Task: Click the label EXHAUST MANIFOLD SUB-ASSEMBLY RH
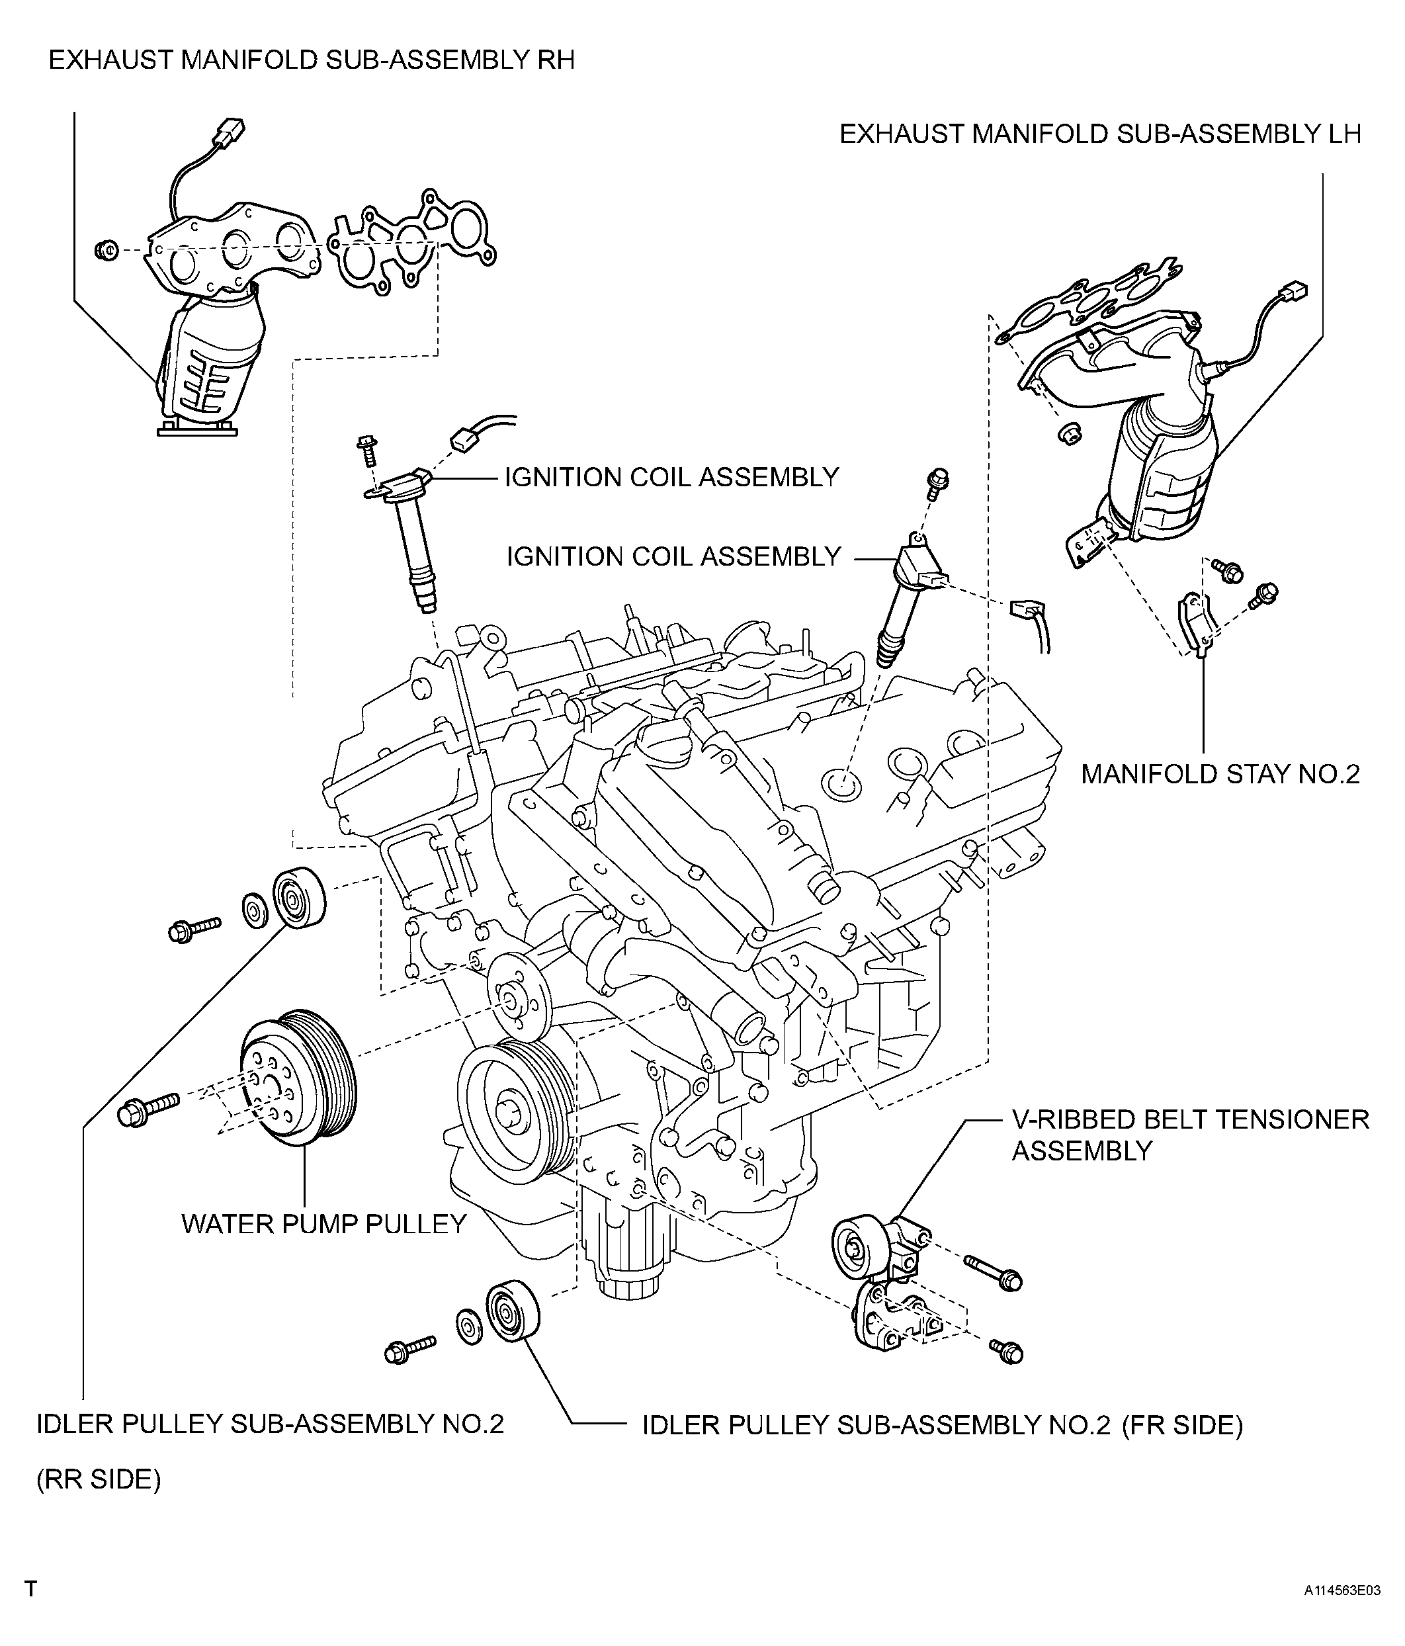point(312,60)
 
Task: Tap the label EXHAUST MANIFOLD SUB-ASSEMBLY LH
point(1100,134)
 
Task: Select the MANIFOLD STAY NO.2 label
point(1220,774)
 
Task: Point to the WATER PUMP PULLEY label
point(324,1224)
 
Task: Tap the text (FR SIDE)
point(1183,1426)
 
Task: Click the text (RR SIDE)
point(99,1479)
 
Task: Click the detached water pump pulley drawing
point(298,1079)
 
